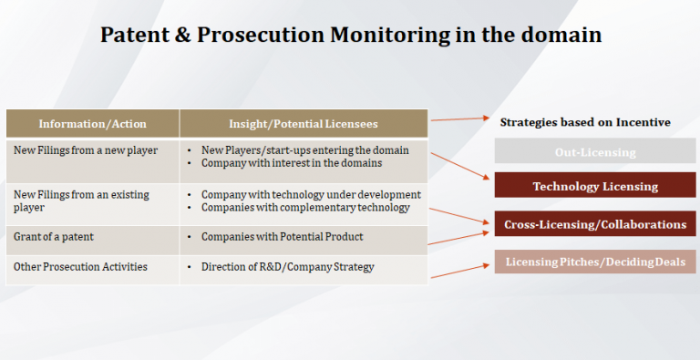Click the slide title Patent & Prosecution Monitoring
(x=350, y=35)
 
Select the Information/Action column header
(x=92, y=124)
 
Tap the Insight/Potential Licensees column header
(x=303, y=124)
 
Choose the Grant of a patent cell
(x=54, y=236)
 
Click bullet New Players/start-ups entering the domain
(x=304, y=149)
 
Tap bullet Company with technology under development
(x=310, y=194)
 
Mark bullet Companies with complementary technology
(x=304, y=207)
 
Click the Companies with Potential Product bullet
(x=282, y=236)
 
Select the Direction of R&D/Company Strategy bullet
(x=286, y=266)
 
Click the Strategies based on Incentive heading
(x=585, y=122)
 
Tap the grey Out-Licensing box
(x=595, y=151)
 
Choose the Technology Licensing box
(x=595, y=186)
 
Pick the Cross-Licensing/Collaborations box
(x=595, y=223)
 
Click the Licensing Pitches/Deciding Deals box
(x=595, y=262)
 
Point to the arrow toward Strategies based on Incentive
(x=460, y=119)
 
